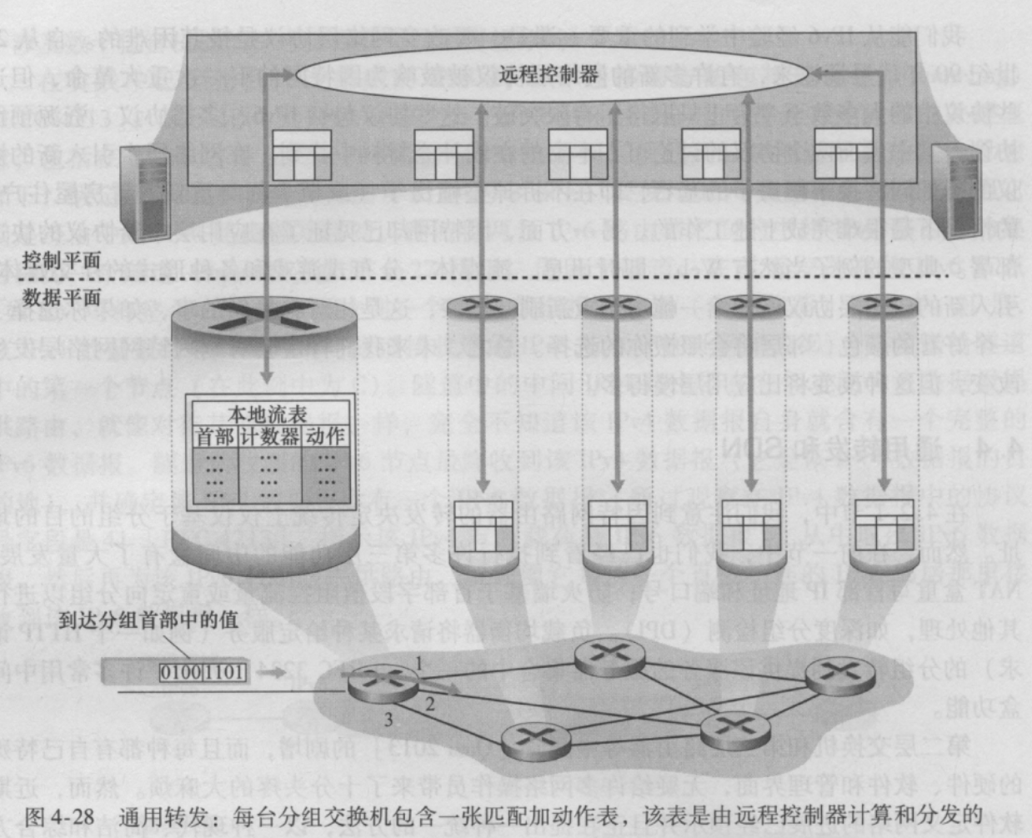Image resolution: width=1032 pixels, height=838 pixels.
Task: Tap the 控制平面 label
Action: tap(62, 260)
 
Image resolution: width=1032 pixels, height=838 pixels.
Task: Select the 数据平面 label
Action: tap(62, 297)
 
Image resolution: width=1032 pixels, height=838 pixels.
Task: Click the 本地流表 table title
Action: tap(268, 414)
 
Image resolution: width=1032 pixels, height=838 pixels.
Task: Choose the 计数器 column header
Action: tap(270, 436)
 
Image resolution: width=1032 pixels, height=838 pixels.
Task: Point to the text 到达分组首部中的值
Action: tap(148, 620)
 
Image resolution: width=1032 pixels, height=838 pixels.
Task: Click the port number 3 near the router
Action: tap(387, 719)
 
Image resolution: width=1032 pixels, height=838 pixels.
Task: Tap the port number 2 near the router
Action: tap(430, 704)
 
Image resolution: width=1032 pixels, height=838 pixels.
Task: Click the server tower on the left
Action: tap(145, 193)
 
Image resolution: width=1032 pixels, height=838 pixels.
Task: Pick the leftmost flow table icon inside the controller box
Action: tap(301, 155)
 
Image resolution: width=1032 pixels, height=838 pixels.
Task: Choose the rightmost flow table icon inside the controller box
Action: tap(844, 153)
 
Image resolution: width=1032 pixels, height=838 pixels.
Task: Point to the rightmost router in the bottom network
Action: tap(839, 675)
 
